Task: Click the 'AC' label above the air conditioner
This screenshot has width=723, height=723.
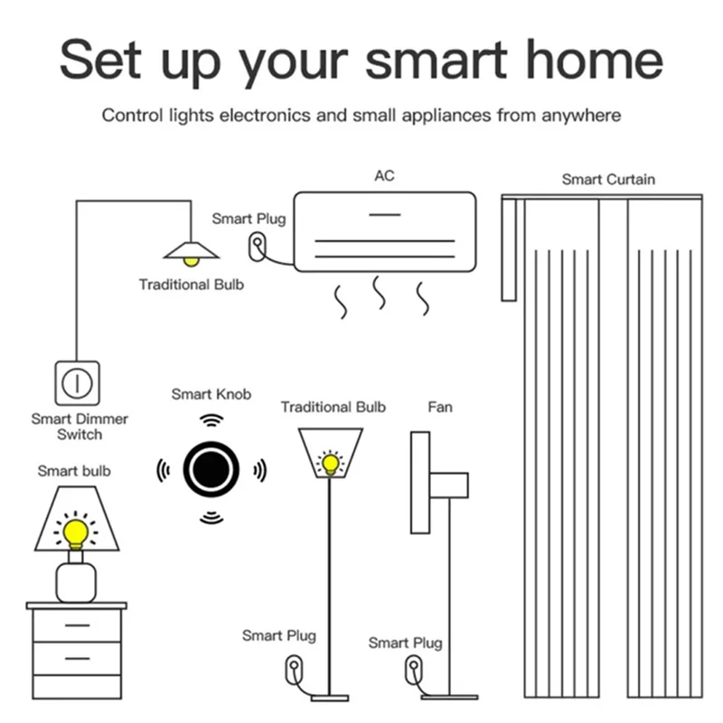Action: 384,175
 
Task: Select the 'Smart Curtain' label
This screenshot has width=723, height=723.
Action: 608,179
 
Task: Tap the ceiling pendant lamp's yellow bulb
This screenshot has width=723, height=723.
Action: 190,261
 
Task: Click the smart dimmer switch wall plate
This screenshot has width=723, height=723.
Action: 78,382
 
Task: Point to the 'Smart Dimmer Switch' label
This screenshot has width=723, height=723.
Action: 80,427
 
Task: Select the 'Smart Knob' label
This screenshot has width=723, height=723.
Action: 211,394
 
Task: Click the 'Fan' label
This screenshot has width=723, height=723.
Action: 440,407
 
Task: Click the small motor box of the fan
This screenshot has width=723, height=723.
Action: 448,485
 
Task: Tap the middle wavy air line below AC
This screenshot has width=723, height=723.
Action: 380,294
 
